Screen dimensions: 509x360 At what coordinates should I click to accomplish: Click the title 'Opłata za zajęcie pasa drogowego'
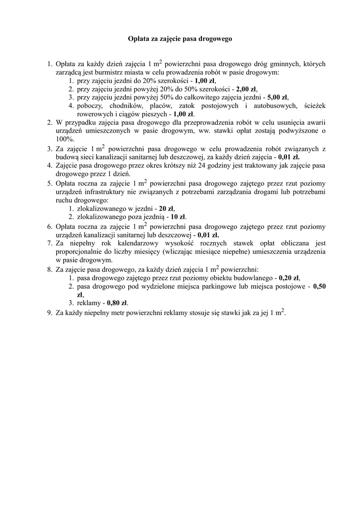180,38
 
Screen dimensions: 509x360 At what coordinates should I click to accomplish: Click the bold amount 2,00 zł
247,88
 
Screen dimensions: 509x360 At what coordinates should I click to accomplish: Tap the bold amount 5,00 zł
277,97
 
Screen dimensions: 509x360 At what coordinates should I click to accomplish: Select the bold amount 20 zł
167,208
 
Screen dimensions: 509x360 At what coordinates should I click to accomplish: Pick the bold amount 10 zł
178,217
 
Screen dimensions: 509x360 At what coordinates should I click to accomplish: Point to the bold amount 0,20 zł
289,278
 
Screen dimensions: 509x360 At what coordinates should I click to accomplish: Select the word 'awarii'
315,122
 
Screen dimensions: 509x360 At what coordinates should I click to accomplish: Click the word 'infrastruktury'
112,191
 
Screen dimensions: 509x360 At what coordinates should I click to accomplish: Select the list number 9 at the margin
50,313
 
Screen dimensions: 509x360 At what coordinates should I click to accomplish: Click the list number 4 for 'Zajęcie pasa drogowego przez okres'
50,166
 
